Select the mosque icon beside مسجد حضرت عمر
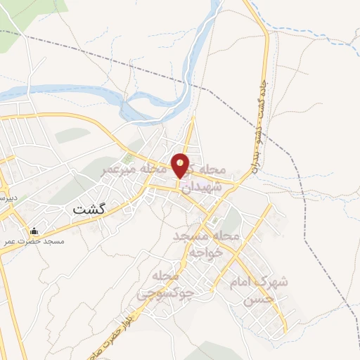click(34, 231)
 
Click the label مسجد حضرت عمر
click(35, 241)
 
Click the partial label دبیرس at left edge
click(6, 198)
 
